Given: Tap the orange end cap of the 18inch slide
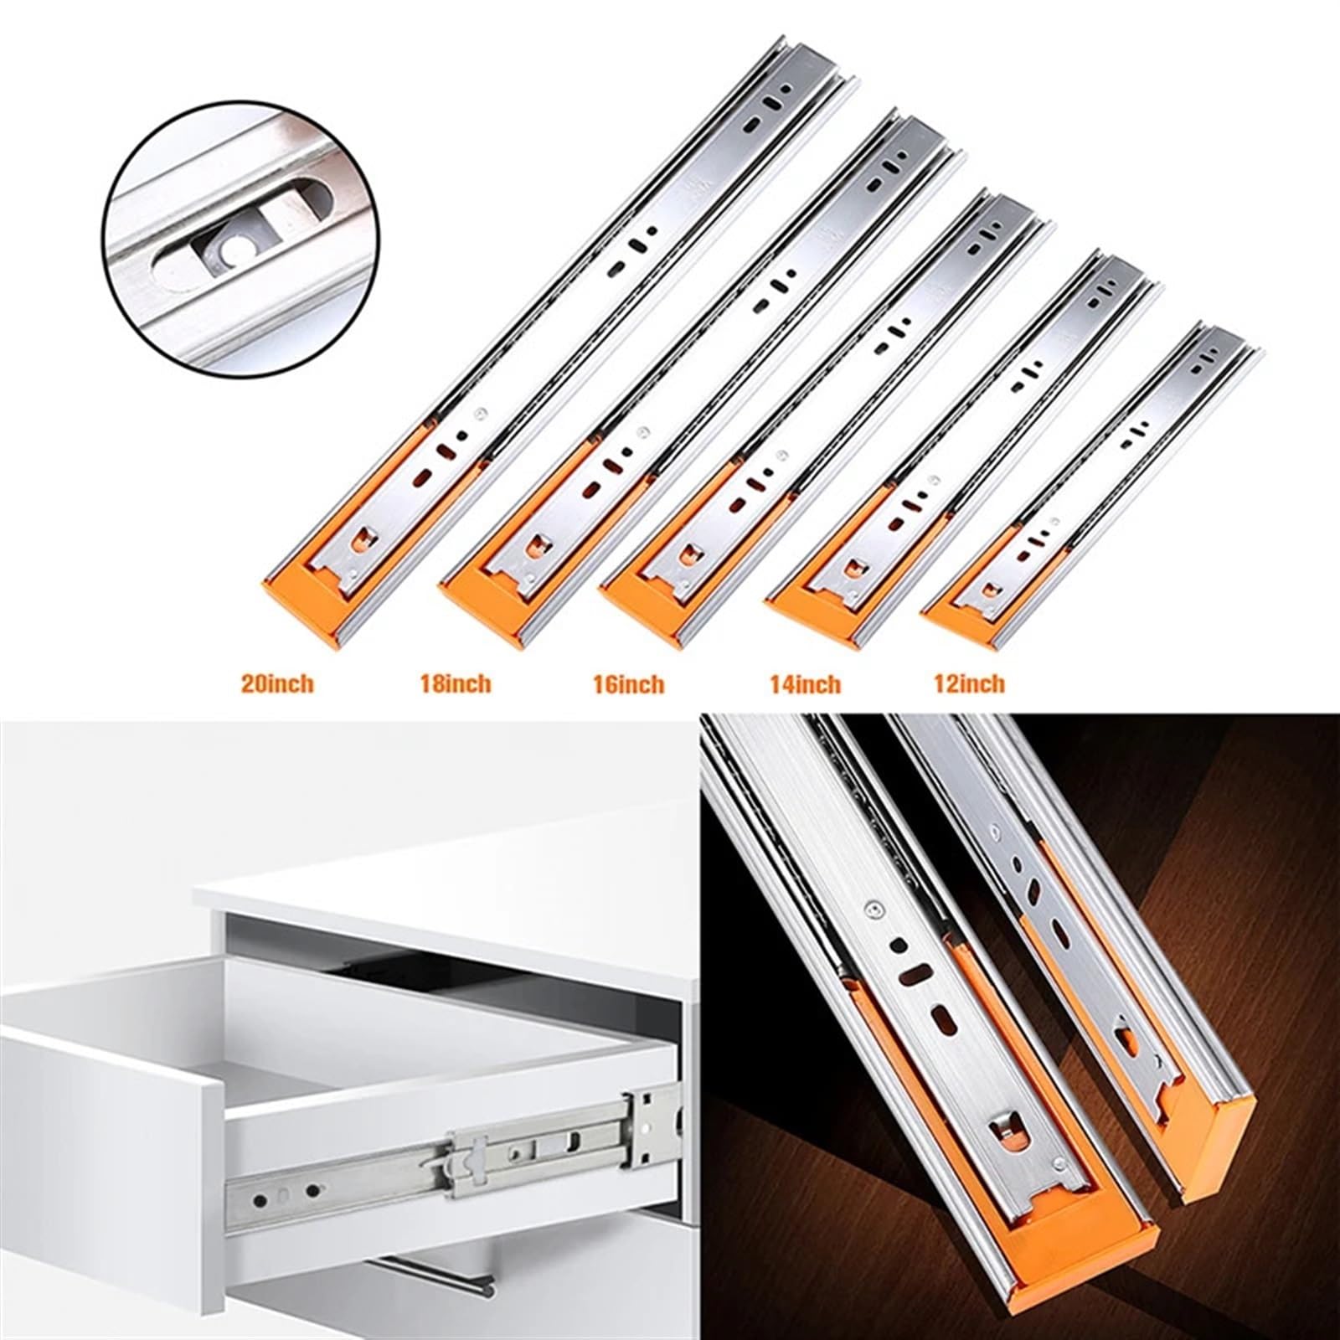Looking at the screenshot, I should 486,605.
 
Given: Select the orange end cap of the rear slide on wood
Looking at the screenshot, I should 1210,1131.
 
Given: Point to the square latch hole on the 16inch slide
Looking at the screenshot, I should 692,554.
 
